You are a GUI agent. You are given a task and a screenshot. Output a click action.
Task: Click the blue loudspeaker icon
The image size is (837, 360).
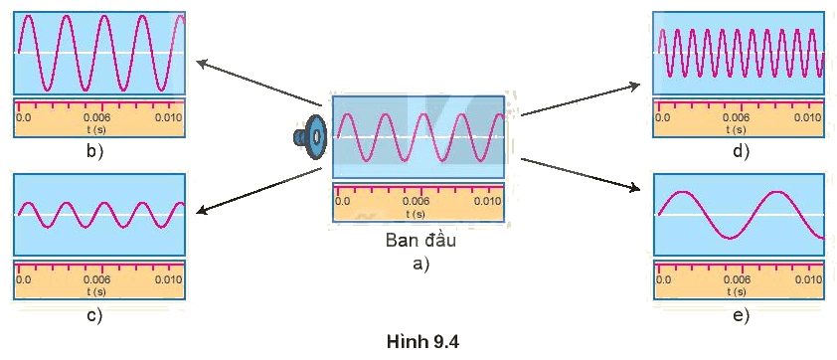pos(309,137)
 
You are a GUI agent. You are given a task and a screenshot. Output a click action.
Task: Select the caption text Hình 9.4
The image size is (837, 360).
pos(422,342)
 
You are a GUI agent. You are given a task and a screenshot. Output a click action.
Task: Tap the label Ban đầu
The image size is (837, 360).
pos(421,240)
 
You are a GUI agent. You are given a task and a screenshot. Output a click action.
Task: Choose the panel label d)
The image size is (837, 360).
pos(742,152)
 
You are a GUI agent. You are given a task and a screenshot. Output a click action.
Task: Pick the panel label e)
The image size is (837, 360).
pos(742,315)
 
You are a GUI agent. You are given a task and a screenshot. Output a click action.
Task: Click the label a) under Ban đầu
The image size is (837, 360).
pos(421,264)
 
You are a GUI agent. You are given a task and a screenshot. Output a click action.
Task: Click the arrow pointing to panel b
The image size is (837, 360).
pos(258,84)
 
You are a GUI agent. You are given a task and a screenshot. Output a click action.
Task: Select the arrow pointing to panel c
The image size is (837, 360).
pos(258,191)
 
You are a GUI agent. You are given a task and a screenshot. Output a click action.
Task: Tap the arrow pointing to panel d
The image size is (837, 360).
pos(581,98)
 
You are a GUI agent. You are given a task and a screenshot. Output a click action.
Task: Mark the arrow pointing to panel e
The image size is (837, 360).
pos(581,174)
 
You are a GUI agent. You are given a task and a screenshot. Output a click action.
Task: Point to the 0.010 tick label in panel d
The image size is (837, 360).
pos(807,117)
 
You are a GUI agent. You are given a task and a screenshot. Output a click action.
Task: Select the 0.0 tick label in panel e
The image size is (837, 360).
pos(664,279)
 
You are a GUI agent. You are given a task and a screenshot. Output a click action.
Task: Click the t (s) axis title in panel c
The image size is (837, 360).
pos(96,291)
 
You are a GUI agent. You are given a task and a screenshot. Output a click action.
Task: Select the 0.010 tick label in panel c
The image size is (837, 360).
pos(168,279)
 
